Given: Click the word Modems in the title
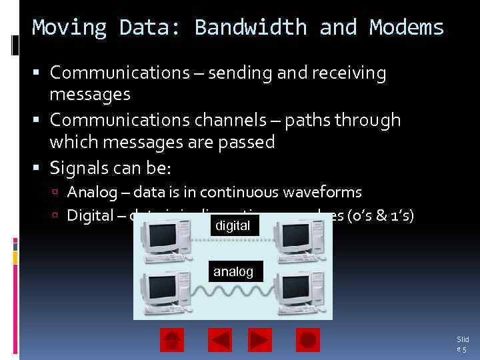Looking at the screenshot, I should coord(407,28).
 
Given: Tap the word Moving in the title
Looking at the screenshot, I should coord(69,28).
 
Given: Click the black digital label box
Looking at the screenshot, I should coord(233,226).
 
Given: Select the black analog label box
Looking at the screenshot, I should coord(233,271).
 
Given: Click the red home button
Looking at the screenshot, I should coord(172,340).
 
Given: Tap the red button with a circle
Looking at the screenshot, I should coord(307,340).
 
